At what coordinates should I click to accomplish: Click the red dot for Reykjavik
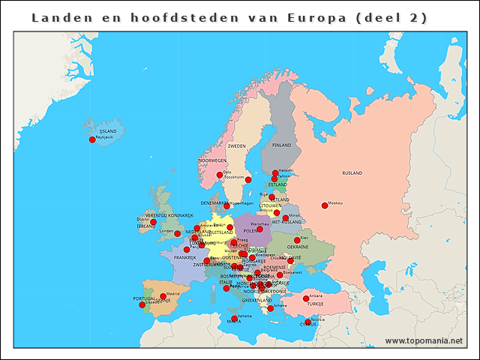(x=92, y=139)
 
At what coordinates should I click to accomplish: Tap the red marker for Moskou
(x=325, y=205)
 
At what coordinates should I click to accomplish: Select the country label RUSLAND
(x=352, y=172)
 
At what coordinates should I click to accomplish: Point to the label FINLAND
(x=281, y=145)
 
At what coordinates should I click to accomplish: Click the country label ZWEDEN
(x=236, y=146)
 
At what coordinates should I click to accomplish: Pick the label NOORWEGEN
(x=212, y=160)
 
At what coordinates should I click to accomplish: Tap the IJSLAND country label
(x=97, y=130)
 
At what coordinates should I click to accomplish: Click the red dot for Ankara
(x=306, y=298)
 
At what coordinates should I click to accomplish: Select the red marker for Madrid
(x=163, y=297)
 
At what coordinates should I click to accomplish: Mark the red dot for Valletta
(x=235, y=319)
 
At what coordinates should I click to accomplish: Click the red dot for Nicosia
(x=307, y=322)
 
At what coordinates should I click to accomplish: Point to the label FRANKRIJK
(x=184, y=257)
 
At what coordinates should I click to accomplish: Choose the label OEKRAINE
(x=298, y=247)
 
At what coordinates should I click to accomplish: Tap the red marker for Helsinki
(x=274, y=173)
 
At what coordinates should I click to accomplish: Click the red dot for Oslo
(x=220, y=175)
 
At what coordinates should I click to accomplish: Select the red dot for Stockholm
(x=248, y=180)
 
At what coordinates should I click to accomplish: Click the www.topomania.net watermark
(x=424, y=340)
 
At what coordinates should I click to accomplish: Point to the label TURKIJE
(x=315, y=304)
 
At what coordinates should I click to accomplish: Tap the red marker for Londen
(x=178, y=234)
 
